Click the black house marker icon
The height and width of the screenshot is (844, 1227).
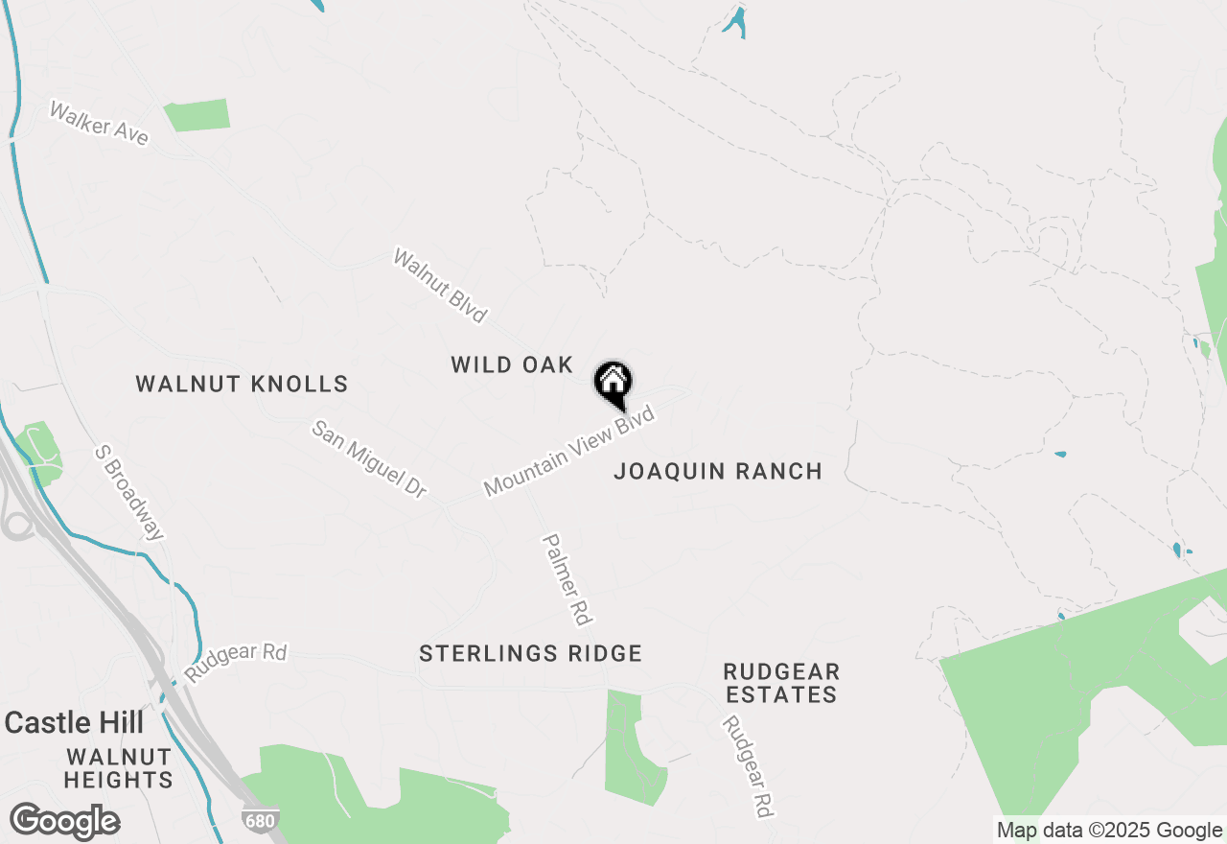click(x=613, y=385)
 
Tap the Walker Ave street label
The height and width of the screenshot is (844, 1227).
click(x=99, y=124)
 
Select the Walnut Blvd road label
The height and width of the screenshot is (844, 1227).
click(x=441, y=285)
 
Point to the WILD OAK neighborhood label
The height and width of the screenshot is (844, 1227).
click(x=512, y=364)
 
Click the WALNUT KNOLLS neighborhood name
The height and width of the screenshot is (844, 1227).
click(x=242, y=385)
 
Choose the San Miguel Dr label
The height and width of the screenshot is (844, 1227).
click(x=369, y=458)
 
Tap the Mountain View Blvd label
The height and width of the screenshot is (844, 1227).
click(x=569, y=451)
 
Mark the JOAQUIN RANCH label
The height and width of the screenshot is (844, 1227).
click(x=718, y=471)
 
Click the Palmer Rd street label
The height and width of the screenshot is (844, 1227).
click(x=567, y=579)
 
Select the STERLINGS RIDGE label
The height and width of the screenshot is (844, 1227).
click(x=530, y=653)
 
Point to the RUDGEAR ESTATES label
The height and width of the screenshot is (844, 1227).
click(x=781, y=682)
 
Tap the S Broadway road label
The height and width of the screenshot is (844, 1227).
click(x=130, y=492)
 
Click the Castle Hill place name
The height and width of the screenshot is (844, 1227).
click(x=74, y=722)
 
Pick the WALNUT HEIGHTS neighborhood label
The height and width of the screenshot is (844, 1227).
click(x=119, y=768)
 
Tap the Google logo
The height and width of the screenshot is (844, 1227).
click(x=64, y=822)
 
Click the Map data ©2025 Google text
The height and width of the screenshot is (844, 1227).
click(x=1109, y=831)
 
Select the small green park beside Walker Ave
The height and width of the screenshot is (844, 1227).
click(x=197, y=114)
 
